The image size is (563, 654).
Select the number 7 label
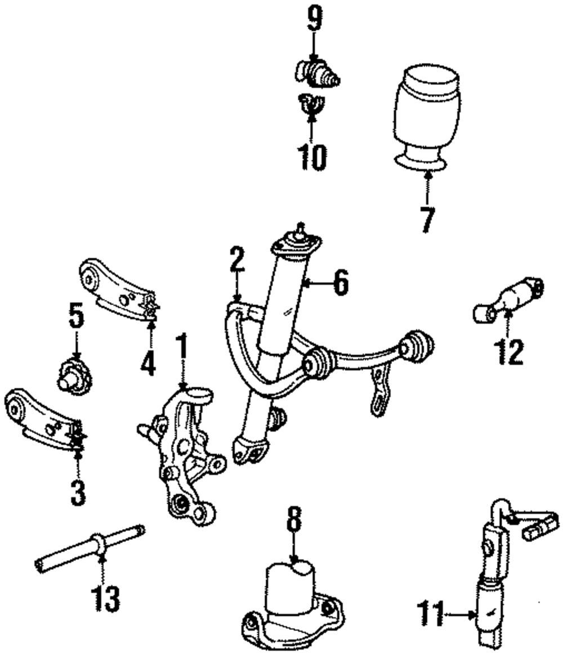point(427,220)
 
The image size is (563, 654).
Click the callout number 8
point(293,522)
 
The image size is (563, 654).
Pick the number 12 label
point(510,351)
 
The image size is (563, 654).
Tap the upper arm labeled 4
point(118,287)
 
